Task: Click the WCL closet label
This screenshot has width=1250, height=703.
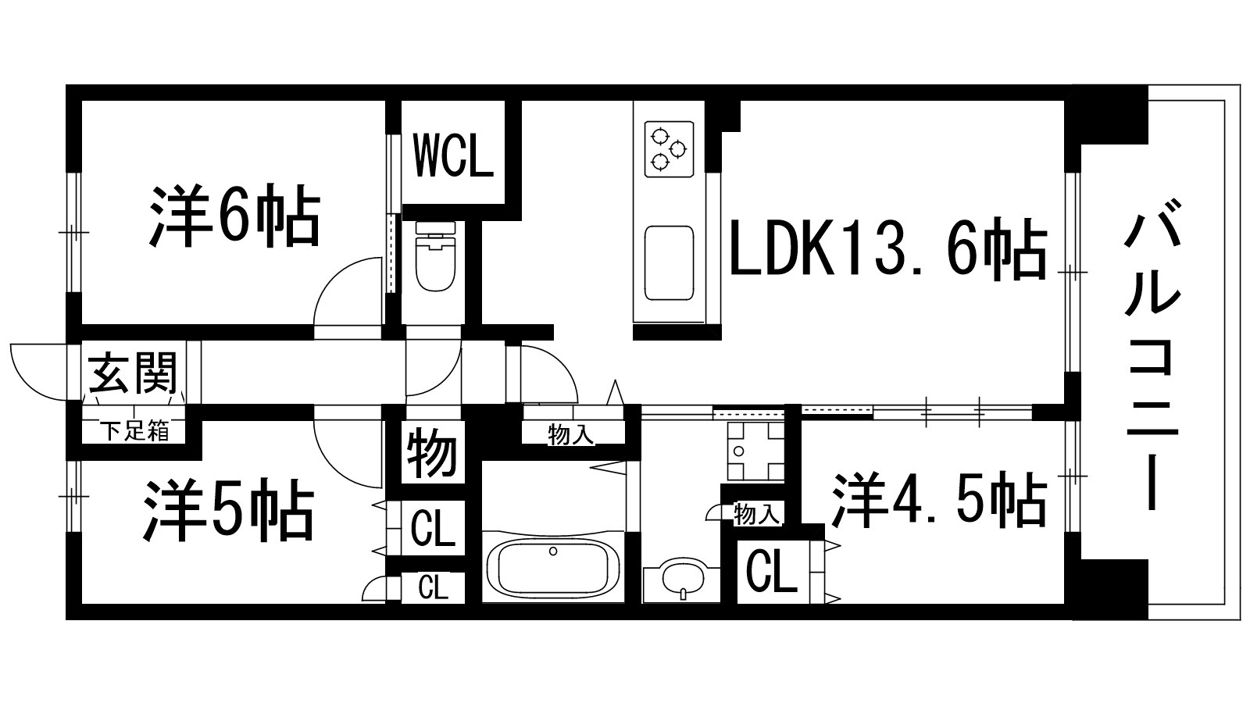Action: pos(453,155)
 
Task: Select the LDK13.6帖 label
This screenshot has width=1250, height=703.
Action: pos(887,249)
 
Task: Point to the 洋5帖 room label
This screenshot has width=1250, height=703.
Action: pos(228,512)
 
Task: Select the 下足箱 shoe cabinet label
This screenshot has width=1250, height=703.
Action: pos(134,430)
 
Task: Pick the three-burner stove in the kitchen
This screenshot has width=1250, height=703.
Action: pos(669,148)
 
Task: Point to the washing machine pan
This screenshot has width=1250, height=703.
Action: pos(755,452)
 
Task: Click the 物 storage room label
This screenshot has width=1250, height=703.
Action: pos(432,453)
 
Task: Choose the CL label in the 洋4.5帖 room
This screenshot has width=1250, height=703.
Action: pos(771,573)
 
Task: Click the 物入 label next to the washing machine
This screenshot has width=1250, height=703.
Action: pos(757,514)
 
